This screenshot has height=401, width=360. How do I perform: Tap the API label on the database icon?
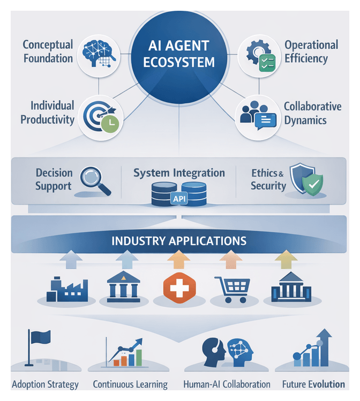178,200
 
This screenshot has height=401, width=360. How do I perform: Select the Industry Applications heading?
179,240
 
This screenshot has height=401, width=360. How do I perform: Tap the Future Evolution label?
313,384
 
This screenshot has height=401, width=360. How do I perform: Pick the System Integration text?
179,173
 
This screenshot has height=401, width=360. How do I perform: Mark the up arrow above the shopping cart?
230,260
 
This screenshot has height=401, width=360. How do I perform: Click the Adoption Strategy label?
45,384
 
